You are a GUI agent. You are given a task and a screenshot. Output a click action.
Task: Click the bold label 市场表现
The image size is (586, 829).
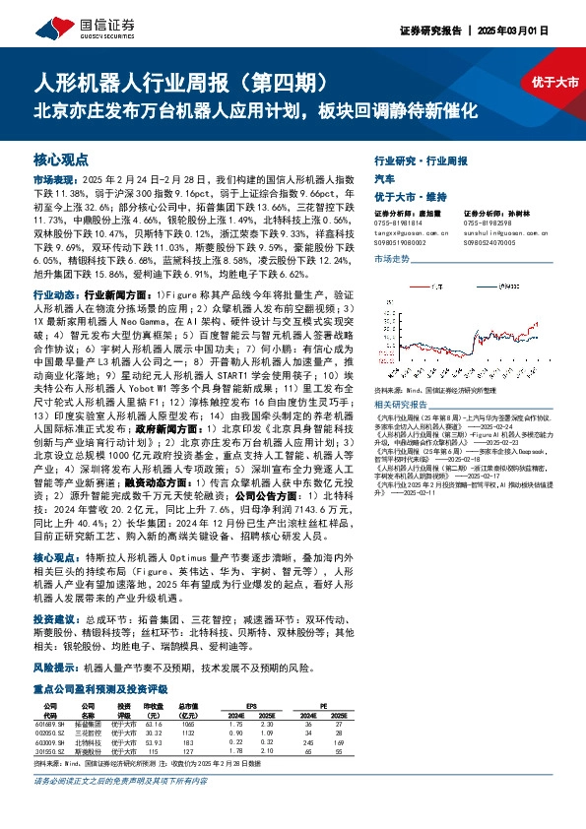pos(53,181)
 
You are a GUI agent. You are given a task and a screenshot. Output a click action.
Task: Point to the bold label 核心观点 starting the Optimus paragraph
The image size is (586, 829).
pos(53,556)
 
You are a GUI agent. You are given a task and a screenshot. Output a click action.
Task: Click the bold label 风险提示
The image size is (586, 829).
pos(53,667)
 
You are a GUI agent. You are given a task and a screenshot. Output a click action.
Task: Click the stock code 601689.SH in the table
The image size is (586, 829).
pos(49,724)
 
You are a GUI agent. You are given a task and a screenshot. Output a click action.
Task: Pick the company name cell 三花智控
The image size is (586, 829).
pos(88,733)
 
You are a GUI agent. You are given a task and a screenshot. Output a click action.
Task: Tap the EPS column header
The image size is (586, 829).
pos(249,706)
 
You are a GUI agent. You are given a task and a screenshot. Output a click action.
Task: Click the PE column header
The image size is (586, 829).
pos(326,706)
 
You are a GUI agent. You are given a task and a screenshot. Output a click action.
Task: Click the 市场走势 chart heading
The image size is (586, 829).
pos(392,257)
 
